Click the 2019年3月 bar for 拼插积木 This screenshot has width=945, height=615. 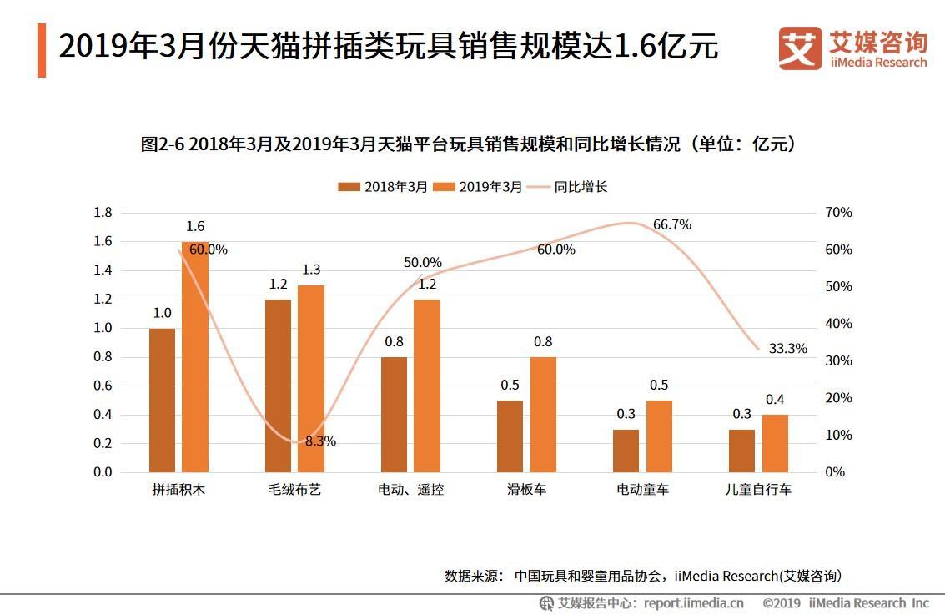tap(194, 357)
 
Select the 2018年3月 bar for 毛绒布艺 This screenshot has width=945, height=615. tap(278, 386)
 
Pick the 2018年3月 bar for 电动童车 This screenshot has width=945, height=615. tap(626, 451)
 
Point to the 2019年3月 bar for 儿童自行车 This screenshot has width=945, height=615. tap(775, 443)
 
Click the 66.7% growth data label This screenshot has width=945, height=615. tap(671, 224)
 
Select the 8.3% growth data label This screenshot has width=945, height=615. tap(320, 441)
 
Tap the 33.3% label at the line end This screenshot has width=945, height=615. tap(787, 349)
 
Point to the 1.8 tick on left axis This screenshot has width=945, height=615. tap(103, 213)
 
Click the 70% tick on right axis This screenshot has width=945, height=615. tap(838, 213)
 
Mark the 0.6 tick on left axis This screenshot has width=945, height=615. tap(103, 386)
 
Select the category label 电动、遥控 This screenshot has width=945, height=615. tap(410, 490)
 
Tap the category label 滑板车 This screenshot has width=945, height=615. tap(526, 490)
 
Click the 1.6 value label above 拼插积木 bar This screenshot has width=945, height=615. tap(194, 226)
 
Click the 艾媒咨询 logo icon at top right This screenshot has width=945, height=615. tap(800, 48)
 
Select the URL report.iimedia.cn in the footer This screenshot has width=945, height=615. tap(693, 602)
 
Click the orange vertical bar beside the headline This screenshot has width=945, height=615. tap(42, 50)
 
